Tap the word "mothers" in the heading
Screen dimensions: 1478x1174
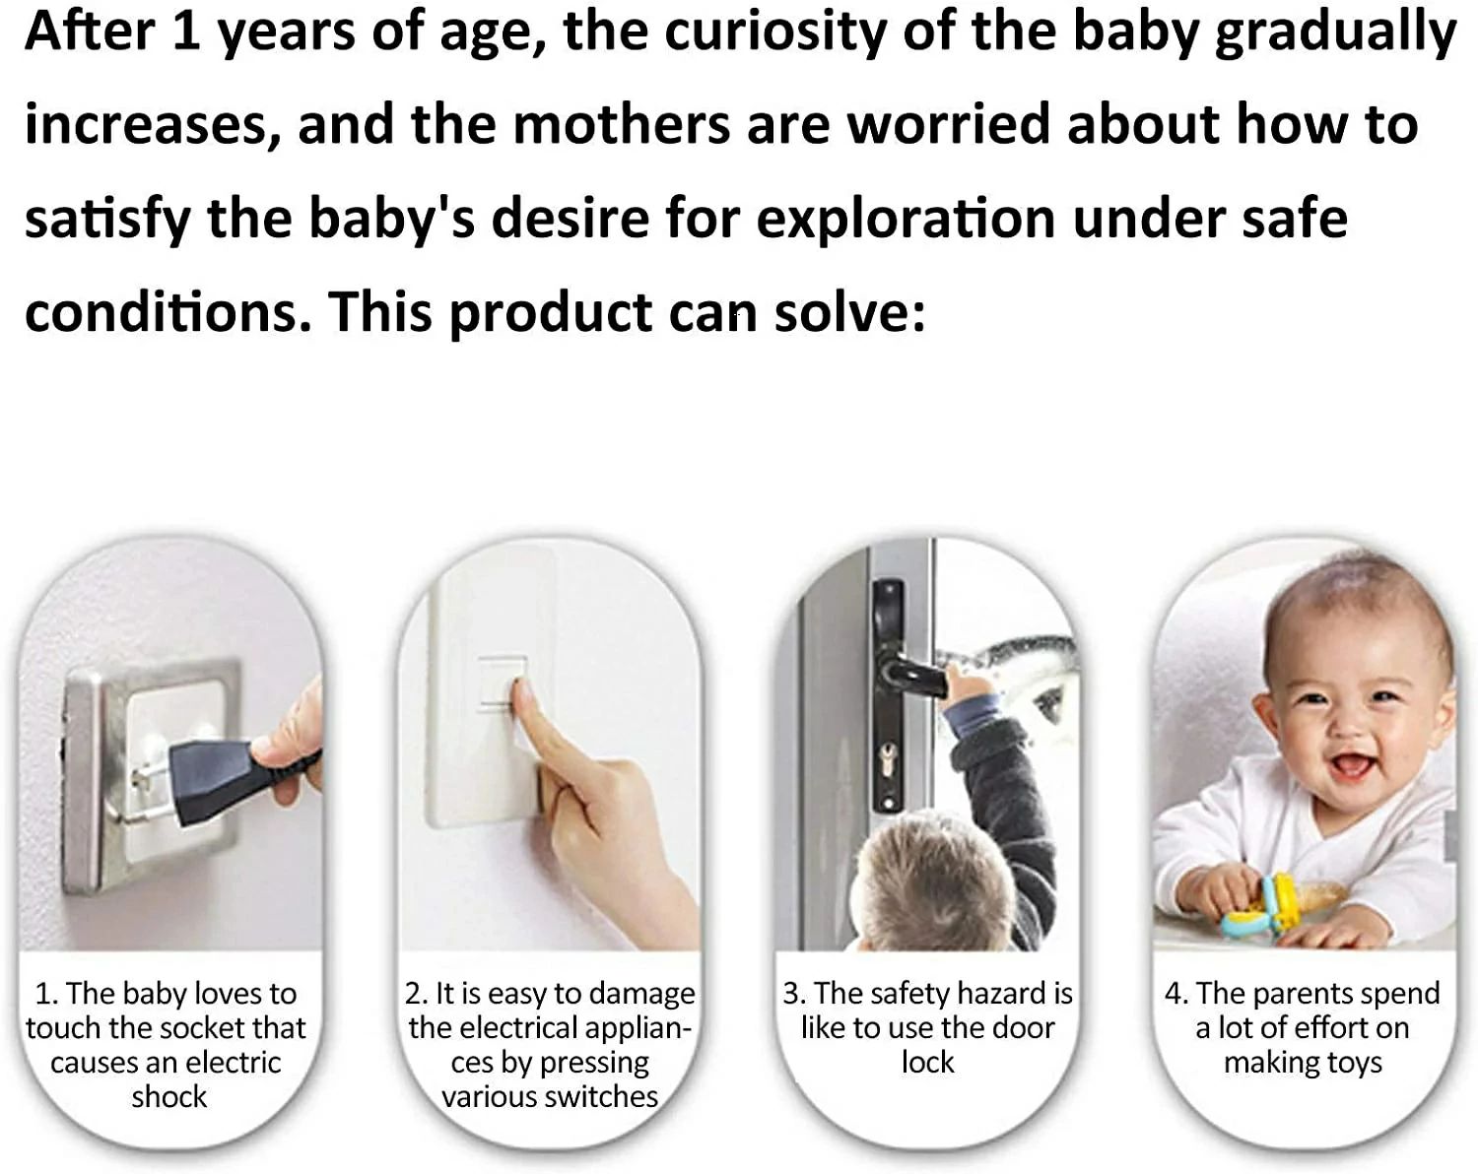click(621, 124)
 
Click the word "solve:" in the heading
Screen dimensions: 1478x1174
click(849, 312)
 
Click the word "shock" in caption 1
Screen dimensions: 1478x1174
click(168, 1096)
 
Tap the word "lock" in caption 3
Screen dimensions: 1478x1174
click(928, 1062)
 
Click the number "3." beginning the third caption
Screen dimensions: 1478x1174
click(794, 994)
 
